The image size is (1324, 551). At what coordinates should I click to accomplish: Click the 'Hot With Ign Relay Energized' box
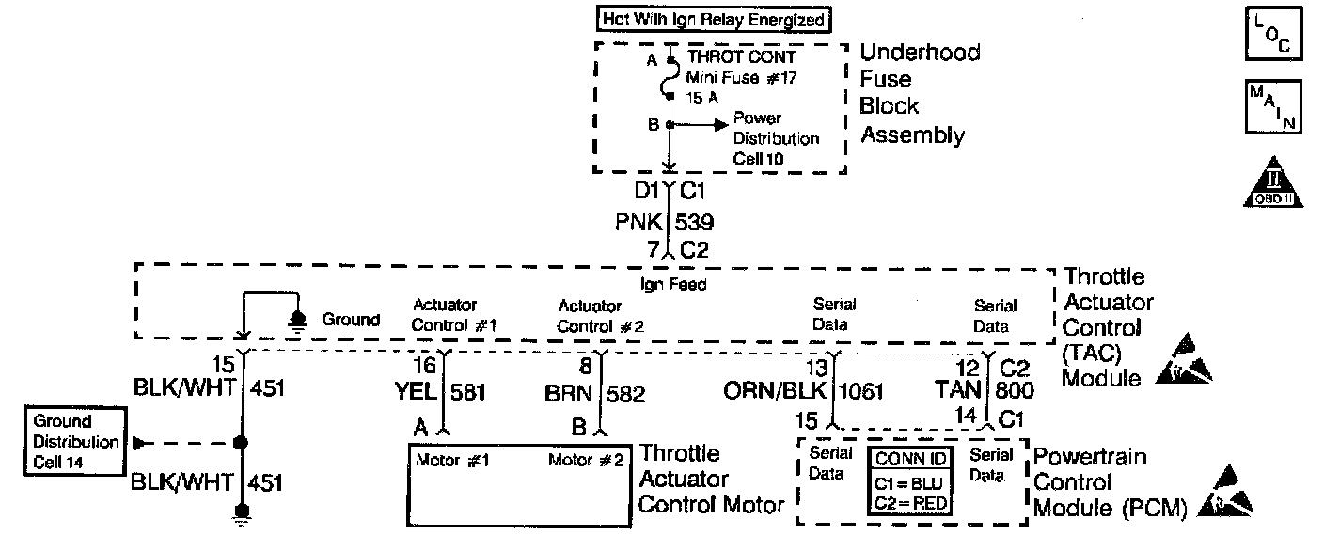click(713, 19)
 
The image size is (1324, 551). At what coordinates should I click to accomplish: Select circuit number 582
click(625, 394)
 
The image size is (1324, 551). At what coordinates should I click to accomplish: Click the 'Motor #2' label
click(583, 461)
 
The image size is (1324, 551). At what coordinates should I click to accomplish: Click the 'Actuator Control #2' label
click(600, 316)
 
